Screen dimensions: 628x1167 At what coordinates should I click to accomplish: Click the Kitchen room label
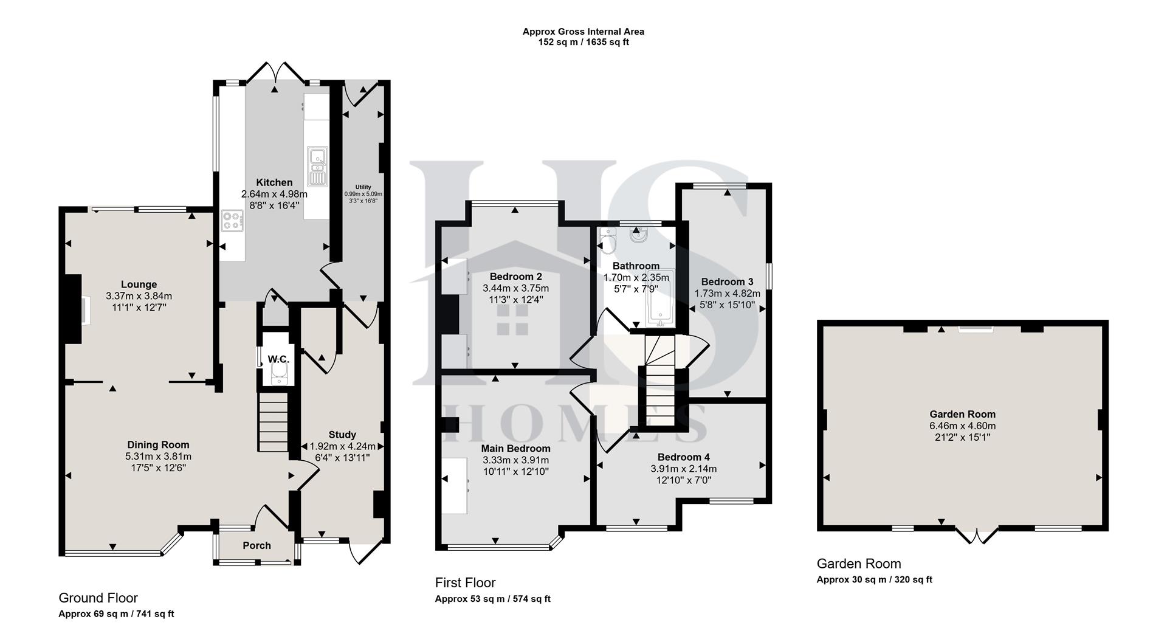(x=274, y=182)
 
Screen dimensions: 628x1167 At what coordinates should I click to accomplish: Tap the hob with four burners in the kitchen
(x=232, y=221)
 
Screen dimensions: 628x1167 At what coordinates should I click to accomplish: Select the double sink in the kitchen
(x=317, y=166)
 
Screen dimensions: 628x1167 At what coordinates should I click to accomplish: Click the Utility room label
(x=363, y=187)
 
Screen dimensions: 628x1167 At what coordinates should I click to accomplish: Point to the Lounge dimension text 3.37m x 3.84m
(x=139, y=296)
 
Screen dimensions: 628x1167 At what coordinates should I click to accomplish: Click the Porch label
(x=256, y=545)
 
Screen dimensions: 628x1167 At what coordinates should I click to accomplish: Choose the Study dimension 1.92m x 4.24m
(x=342, y=446)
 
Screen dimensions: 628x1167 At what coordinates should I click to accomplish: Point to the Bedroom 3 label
(x=727, y=282)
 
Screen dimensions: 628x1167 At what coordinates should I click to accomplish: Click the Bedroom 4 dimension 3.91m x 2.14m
(x=683, y=469)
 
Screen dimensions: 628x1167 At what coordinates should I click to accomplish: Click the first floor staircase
(x=659, y=383)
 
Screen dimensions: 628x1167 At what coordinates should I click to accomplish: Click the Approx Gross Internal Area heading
(x=583, y=32)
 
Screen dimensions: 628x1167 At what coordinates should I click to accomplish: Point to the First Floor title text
(x=465, y=583)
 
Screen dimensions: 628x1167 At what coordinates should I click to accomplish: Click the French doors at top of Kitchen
(x=275, y=73)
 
